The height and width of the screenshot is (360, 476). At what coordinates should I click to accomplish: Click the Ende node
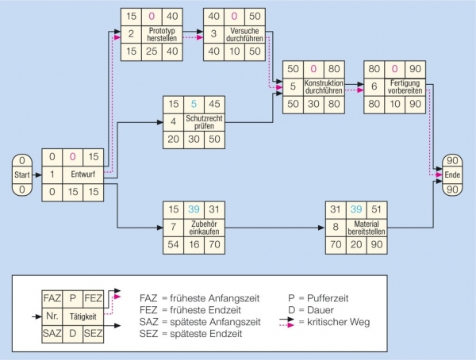(452, 174)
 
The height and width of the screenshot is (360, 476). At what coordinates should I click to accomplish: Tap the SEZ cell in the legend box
(91, 334)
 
